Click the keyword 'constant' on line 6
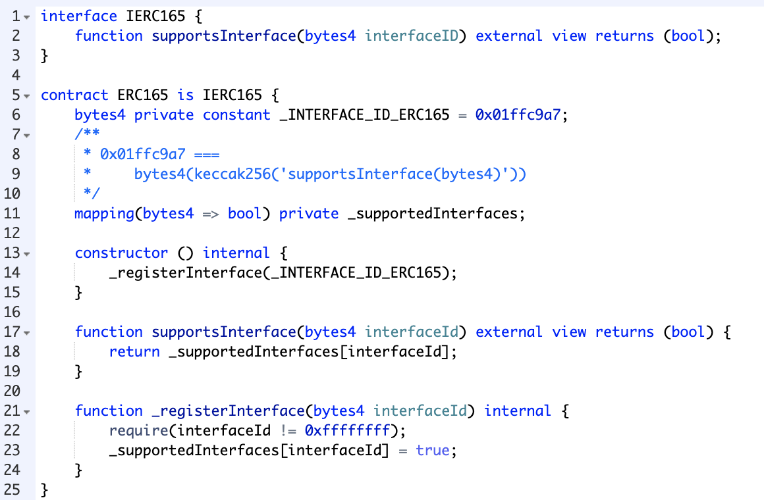tap(236, 114)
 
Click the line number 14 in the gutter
tap(13, 272)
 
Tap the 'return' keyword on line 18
tap(134, 351)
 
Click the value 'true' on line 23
tap(433, 450)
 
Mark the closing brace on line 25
tap(45, 489)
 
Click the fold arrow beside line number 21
tap(27, 411)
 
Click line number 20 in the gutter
tap(13, 391)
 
